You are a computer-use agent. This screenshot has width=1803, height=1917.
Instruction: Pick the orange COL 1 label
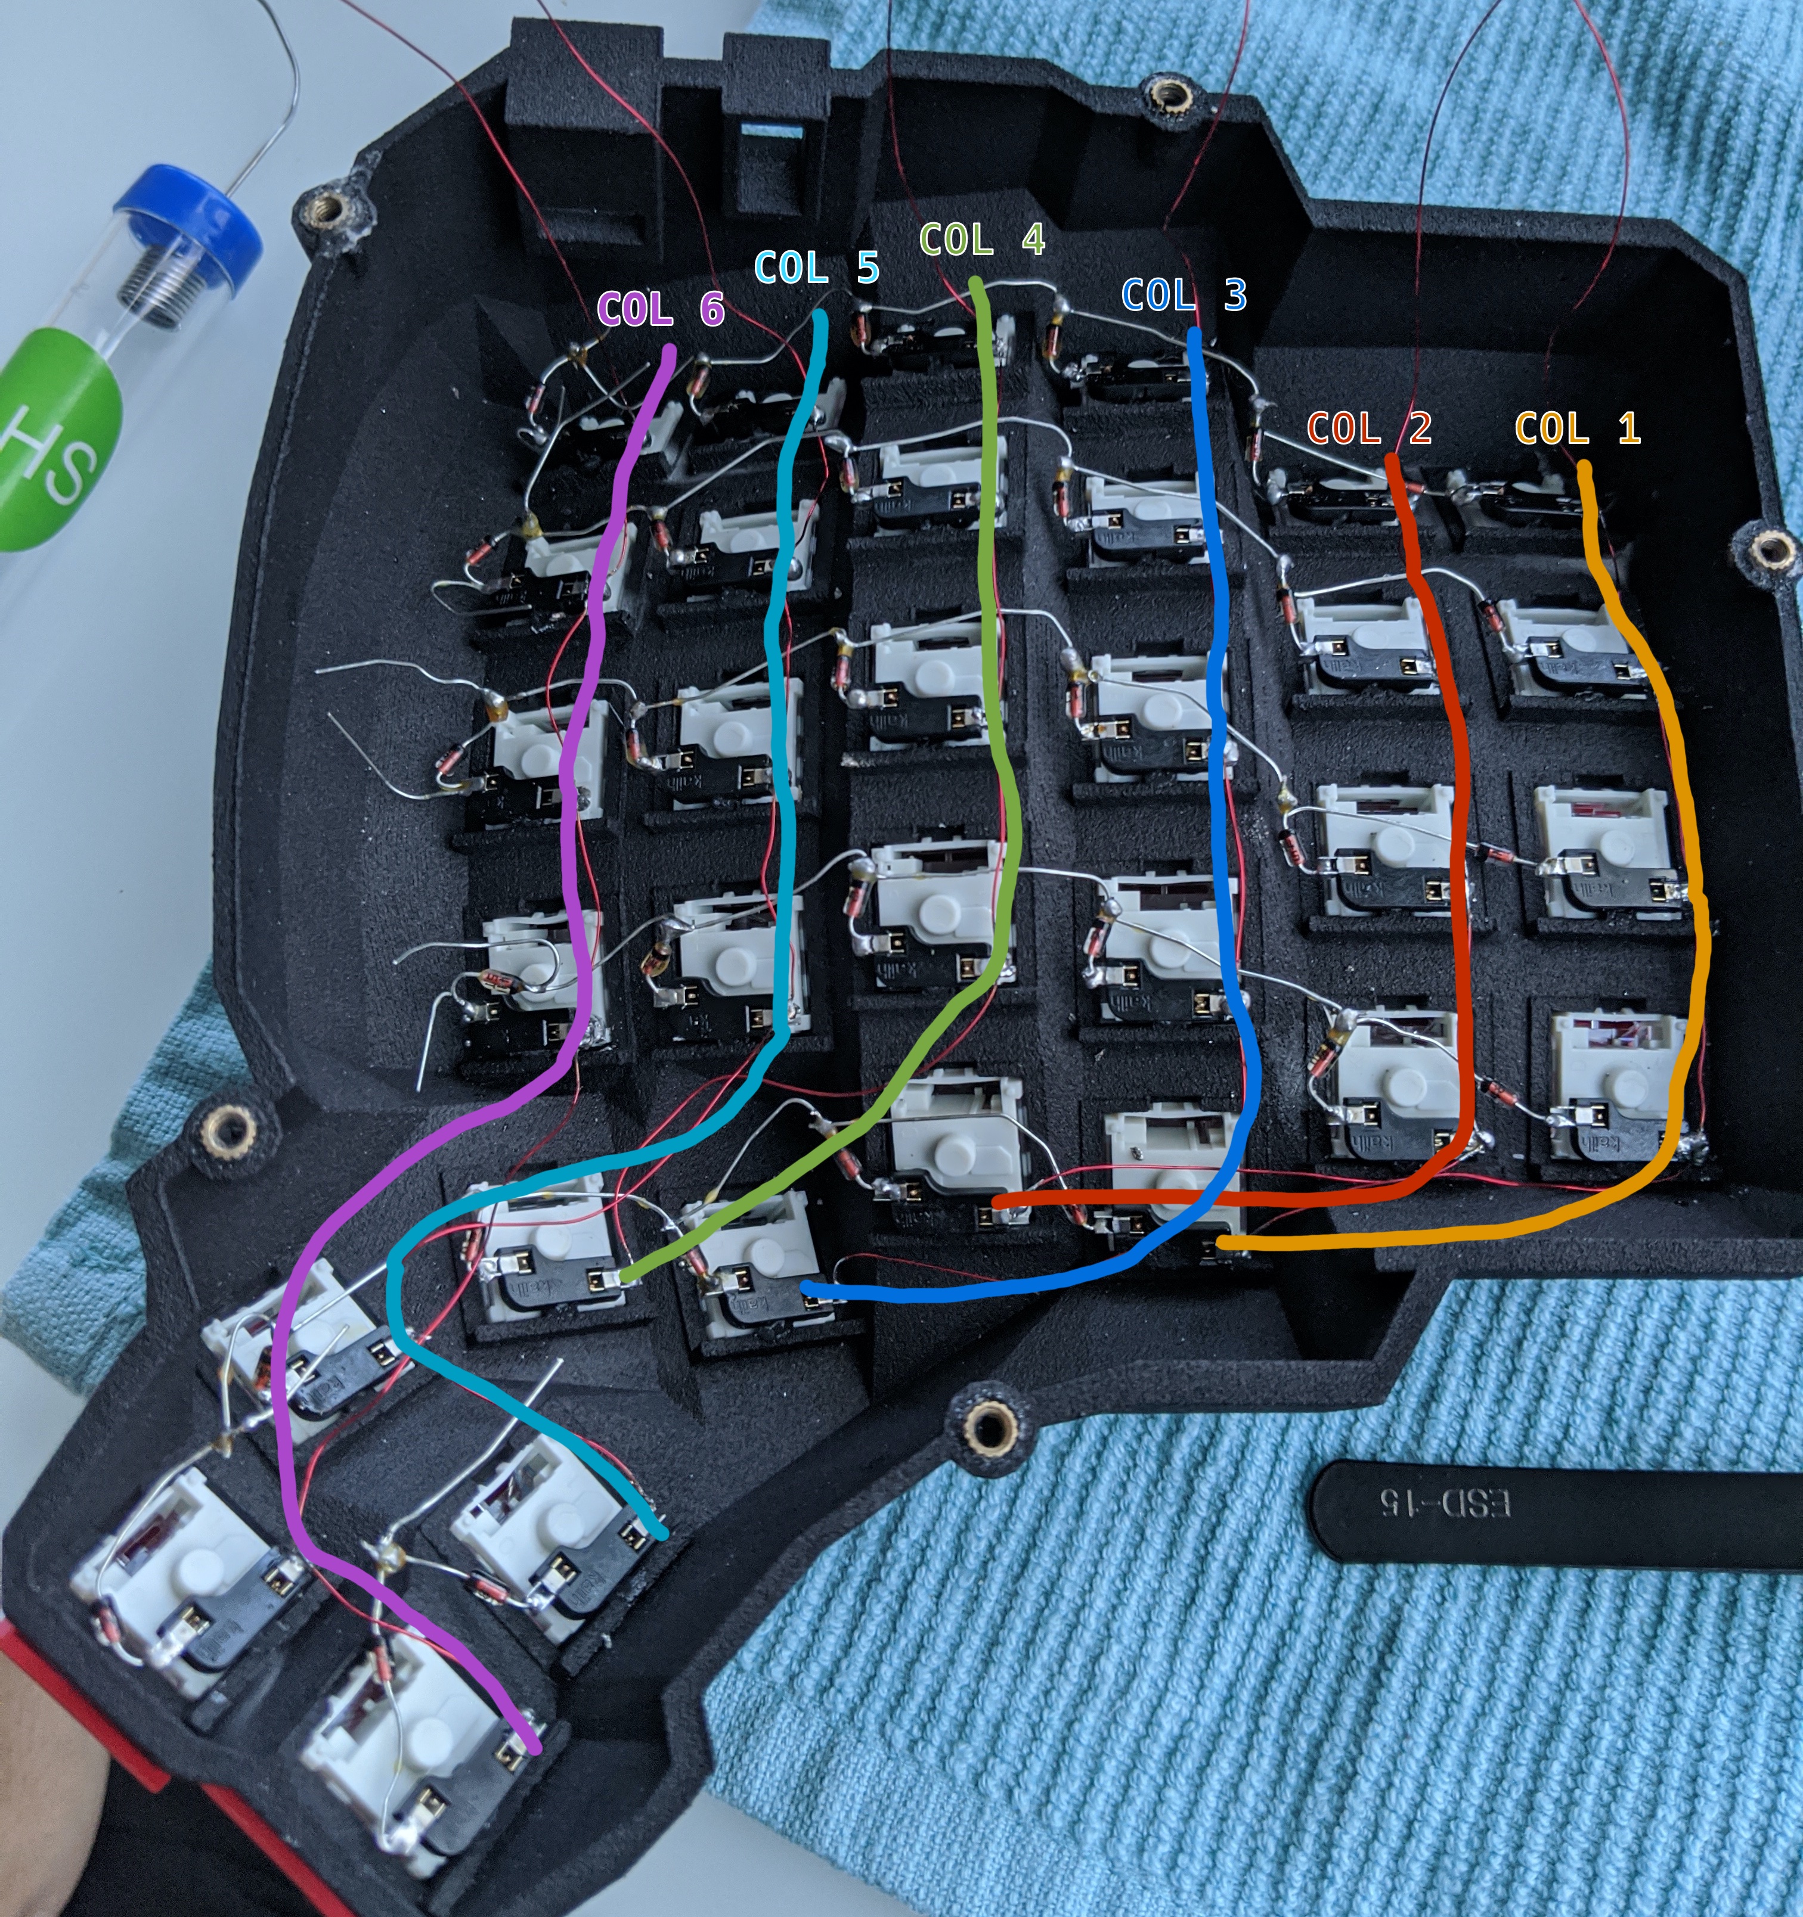(x=1577, y=427)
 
